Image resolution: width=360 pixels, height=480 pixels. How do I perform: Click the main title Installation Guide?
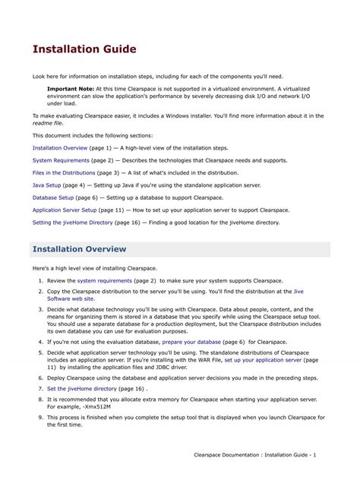(84, 49)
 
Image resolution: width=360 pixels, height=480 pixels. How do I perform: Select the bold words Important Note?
(72, 89)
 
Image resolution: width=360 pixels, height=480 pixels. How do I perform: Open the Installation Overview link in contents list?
(60, 148)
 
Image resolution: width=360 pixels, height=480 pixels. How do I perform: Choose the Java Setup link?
(47, 185)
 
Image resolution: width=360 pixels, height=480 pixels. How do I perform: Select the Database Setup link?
(53, 197)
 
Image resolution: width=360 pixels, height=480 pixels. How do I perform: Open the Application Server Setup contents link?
(65, 210)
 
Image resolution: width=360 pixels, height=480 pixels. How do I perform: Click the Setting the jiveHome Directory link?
(72, 223)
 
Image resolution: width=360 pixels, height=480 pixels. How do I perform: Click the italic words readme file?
(47, 122)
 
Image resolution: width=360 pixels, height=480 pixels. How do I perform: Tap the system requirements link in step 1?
(105, 281)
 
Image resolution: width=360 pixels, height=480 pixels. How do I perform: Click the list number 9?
(39, 417)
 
